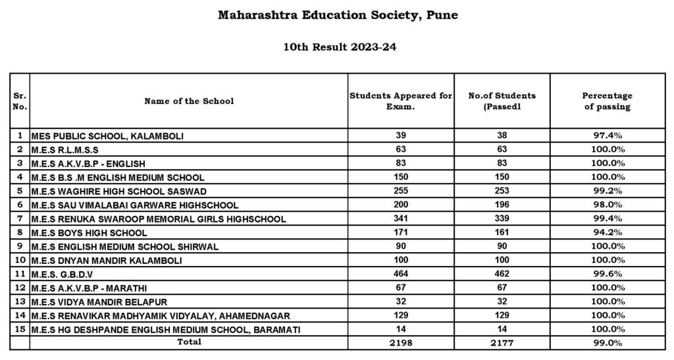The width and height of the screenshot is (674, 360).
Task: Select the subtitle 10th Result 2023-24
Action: (337, 47)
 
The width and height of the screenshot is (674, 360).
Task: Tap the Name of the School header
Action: (189, 101)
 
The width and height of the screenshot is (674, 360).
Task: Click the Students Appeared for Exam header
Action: (400, 101)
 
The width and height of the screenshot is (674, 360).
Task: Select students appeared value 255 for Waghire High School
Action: (400, 192)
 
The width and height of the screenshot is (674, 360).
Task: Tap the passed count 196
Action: (502, 205)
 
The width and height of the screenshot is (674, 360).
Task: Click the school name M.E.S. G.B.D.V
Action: (69, 274)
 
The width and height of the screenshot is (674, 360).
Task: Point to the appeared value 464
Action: (400, 274)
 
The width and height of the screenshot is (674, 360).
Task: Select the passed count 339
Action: (502, 219)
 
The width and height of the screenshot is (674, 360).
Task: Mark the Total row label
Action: (189, 342)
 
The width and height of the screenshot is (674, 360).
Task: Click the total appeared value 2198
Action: (400, 343)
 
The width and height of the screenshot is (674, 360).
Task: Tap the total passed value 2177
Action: (502, 343)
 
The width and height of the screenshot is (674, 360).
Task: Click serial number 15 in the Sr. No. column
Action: (20, 329)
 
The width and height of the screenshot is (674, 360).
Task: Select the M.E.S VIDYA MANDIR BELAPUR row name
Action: (99, 302)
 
